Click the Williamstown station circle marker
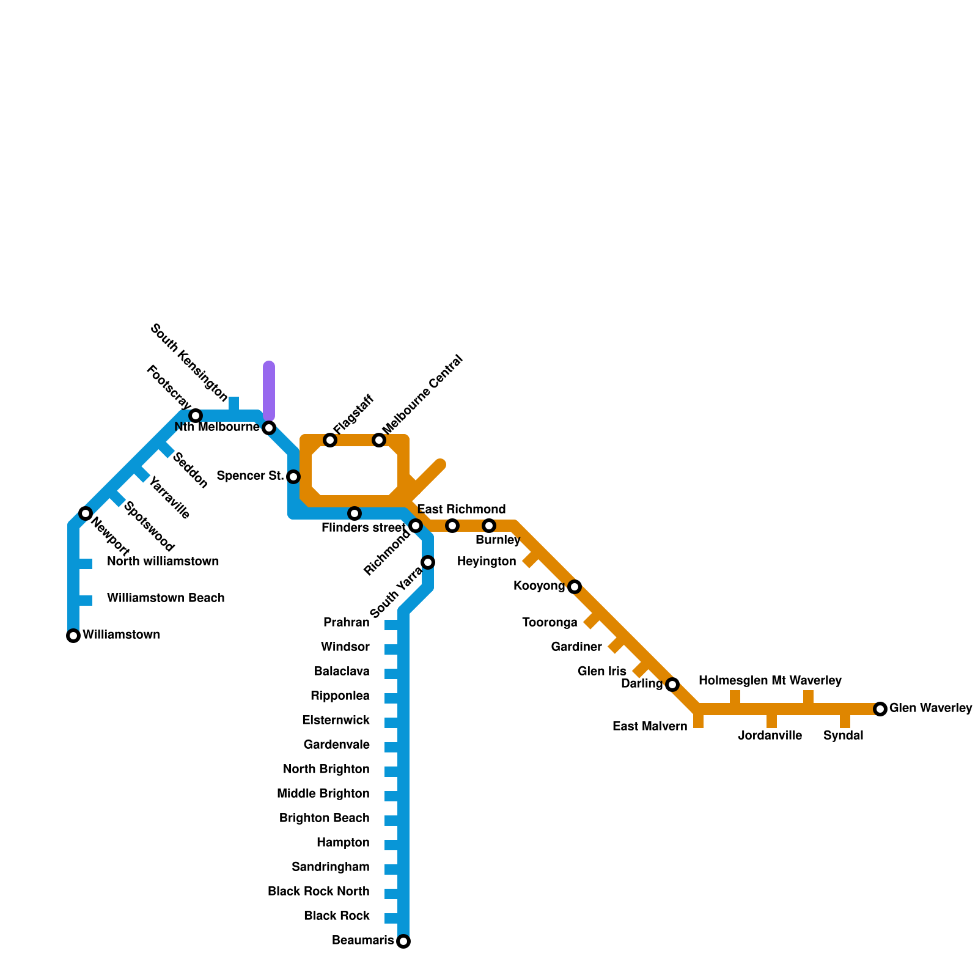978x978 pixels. click(x=73, y=636)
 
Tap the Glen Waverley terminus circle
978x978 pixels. click(x=880, y=709)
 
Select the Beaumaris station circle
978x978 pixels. click(x=403, y=941)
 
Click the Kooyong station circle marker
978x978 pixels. click(x=575, y=587)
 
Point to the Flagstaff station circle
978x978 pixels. click(x=330, y=440)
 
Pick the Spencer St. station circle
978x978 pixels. click(x=293, y=477)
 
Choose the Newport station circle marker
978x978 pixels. click(x=86, y=513)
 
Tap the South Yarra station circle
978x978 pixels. click(x=428, y=562)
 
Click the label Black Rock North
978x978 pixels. click(x=318, y=892)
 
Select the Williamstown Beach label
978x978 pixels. click(x=166, y=598)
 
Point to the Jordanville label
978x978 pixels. click(x=770, y=736)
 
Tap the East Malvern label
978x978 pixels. click(x=650, y=727)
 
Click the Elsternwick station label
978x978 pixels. click(x=336, y=721)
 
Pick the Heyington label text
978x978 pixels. click(x=487, y=562)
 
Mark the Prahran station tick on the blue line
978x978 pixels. click(x=392, y=624)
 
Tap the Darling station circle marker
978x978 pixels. click(x=672, y=685)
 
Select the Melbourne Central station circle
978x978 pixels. click(x=379, y=440)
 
